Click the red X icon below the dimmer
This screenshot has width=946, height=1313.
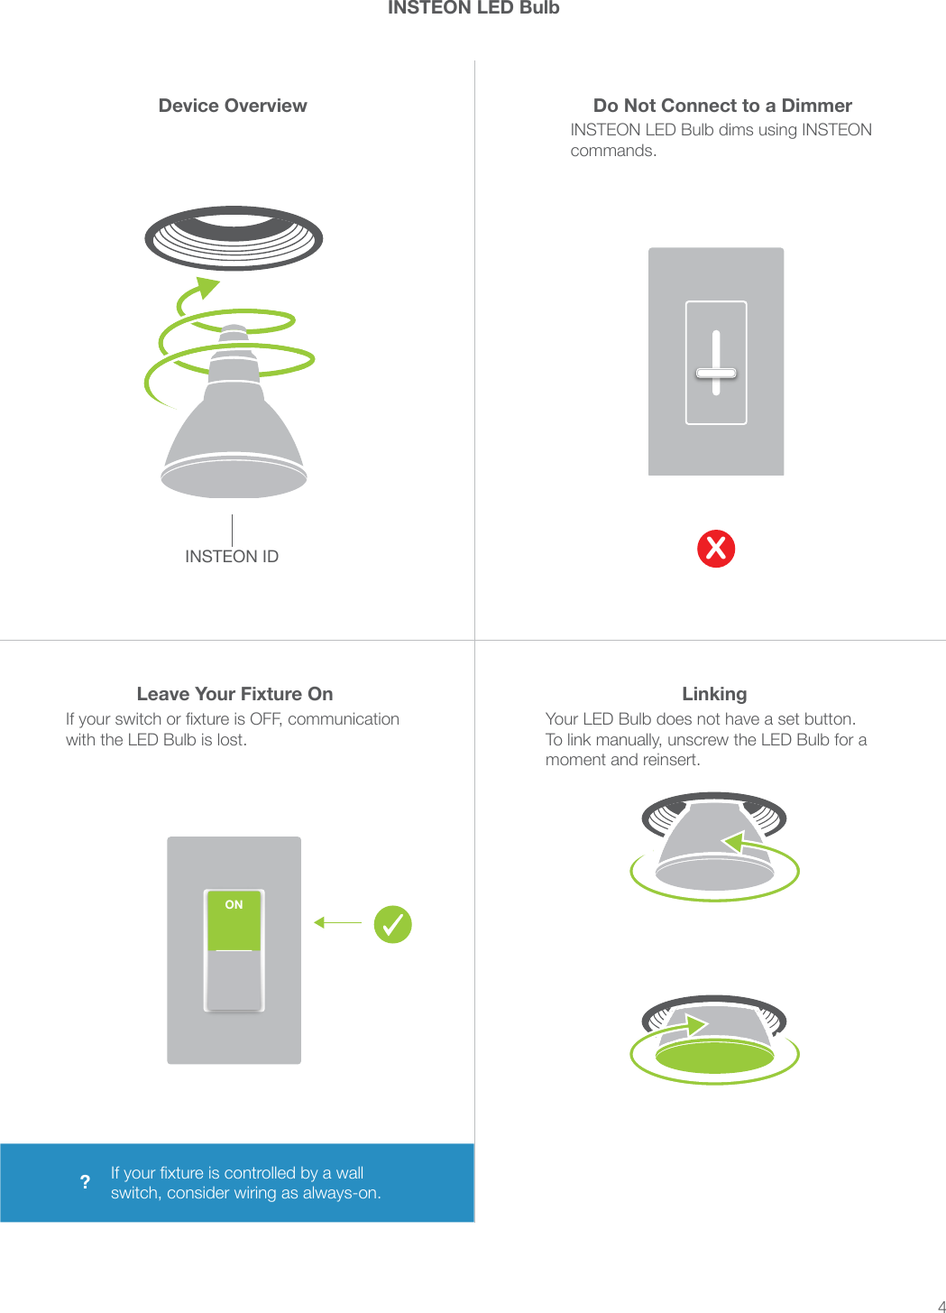(716, 549)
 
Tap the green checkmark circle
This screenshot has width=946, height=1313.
(393, 924)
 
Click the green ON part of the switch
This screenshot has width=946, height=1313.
(234, 920)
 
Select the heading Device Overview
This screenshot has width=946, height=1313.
(233, 106)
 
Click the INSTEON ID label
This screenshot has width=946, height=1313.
(232, 557)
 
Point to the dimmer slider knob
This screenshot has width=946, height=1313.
(716, 373)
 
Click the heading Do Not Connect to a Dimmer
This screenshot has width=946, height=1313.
(722, 106)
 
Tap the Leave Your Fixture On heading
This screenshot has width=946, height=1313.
(234, 694)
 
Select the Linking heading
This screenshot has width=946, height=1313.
(714, 694)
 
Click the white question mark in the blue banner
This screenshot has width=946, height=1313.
(85, 1182)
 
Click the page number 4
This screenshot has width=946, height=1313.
(941, 1306)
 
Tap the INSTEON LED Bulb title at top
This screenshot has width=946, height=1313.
(473, 8)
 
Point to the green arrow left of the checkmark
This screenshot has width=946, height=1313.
(337, 922)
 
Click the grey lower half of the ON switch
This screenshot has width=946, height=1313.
(234, 980)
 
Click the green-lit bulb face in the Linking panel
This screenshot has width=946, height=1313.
(714, 1056)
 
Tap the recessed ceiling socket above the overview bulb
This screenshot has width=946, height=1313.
(234, 237)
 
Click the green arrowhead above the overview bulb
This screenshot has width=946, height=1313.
(207, 287)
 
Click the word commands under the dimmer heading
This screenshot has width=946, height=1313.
(612, 151)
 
